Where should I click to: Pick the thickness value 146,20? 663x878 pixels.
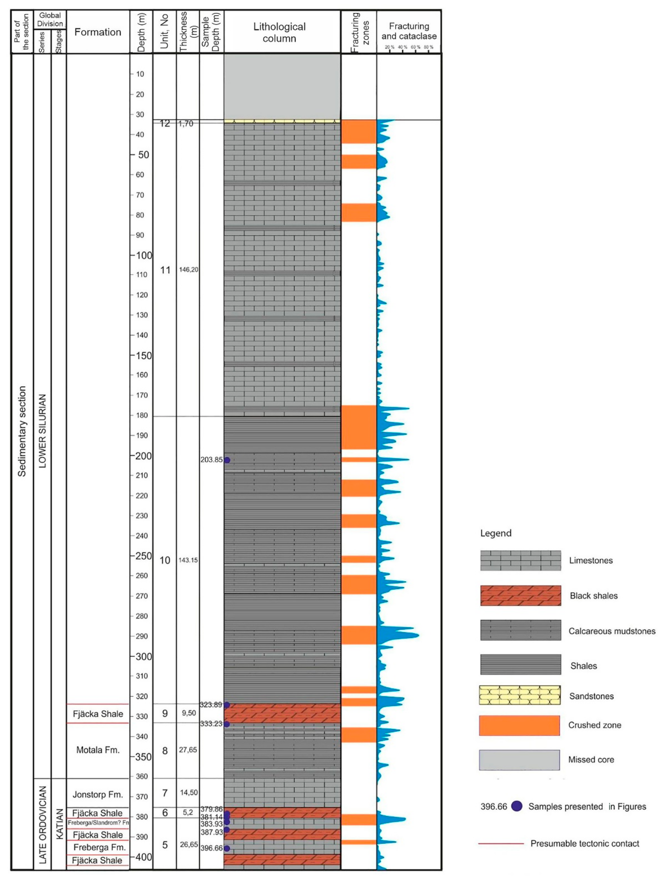pos(188,269)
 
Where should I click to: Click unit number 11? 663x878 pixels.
pos(165,270)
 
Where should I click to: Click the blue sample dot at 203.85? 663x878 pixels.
pos(227,460)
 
